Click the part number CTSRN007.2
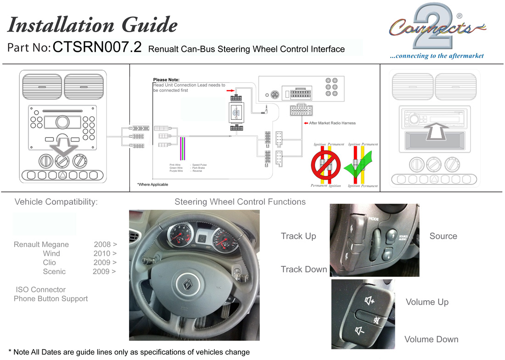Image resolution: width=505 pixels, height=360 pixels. pyautogui.click(x=97, y=48)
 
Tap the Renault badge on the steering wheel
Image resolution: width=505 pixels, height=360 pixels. pyautogui.click(x=187, y=285)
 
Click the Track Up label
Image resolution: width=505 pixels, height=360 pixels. pyautogui.click(x=298, y=236)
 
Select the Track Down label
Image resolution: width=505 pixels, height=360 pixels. pyautogui.click(x=304, y=269)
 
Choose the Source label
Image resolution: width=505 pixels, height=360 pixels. pyautogui.click(x=443, y=236)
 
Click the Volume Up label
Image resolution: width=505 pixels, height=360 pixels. pyautogui.click(x=427, y=302)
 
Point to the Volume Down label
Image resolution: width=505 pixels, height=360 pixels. pyautogui.click(x=431, y=339)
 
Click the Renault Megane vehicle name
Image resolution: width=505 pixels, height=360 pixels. pyautogui.click(x=41, y=244)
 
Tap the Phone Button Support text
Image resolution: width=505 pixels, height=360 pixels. pyautogui.click(x=50, y=299)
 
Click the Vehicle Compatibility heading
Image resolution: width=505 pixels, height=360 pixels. pyautogui.click(x=56, y=202)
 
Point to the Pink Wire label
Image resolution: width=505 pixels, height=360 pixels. pyautogui.click(x=175, y=164)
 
